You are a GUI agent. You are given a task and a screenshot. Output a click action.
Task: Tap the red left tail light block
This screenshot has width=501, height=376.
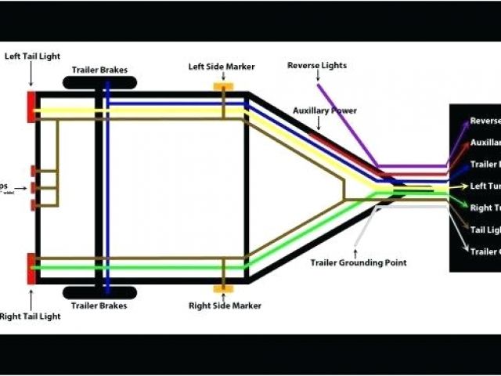[x=31, y=107]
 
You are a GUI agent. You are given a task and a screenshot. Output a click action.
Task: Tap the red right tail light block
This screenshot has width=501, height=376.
[x=31, y=269]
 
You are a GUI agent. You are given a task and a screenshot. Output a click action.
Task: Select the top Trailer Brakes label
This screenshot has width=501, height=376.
[x=99, y=69]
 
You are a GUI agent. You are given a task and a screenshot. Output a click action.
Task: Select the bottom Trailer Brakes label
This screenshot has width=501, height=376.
[x=99, y=305]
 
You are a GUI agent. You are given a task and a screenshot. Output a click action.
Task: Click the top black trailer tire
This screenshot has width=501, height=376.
[x=99, y=82]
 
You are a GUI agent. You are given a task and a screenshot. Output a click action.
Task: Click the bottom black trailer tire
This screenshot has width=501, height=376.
[x=99, y=292]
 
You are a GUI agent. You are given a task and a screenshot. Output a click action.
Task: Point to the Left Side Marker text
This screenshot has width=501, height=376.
[x=222, y=67]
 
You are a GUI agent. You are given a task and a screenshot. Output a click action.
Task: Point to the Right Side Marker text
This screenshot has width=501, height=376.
[x=225, y=305]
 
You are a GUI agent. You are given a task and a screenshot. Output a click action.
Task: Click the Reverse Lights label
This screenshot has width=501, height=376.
[x=317, y=65]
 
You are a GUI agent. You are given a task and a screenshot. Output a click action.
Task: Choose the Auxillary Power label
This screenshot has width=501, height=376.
[x=325, y=111]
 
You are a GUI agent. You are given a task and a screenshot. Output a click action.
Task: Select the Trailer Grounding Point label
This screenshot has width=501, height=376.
[x=359, y=262]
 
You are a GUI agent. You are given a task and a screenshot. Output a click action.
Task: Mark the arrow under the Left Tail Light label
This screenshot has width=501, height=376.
[x=31, y=75]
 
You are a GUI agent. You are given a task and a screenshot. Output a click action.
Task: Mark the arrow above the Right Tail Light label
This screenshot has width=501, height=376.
[x=31, y=298]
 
